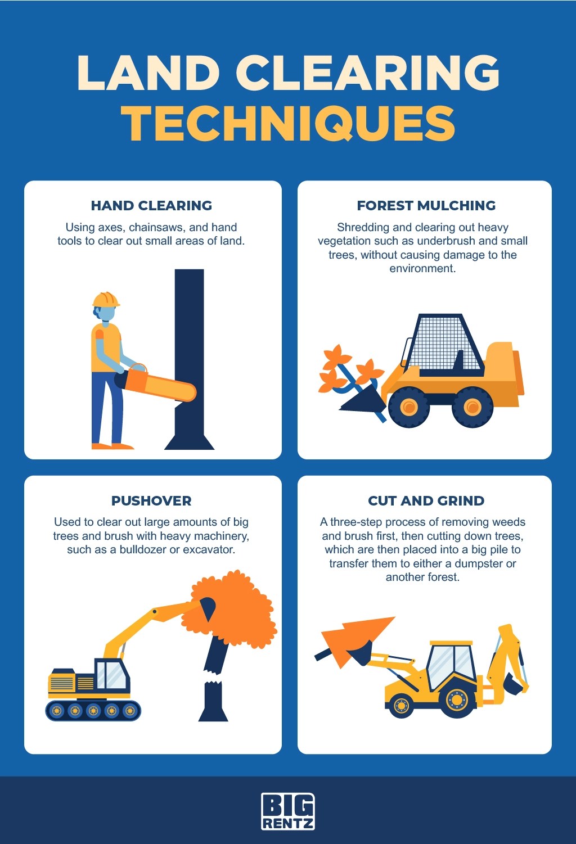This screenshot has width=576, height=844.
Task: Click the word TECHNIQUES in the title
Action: coord(288,124)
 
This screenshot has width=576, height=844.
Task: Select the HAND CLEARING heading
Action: coord(151,206)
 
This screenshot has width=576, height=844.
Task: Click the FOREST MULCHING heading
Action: coord(426,206)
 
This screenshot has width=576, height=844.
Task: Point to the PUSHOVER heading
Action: coord(151,501)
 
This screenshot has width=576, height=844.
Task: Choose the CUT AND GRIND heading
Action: coord(426,501)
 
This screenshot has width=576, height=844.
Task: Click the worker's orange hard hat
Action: coord(106,299)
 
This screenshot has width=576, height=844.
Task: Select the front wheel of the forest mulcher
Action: coord(409,407)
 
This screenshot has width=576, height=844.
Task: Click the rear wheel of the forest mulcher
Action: coord(472,407)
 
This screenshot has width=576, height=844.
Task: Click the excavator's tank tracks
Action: coord(93,711)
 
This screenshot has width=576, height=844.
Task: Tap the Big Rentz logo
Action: coord(288,811)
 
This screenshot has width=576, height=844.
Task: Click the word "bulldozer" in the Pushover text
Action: coord(143,549)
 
